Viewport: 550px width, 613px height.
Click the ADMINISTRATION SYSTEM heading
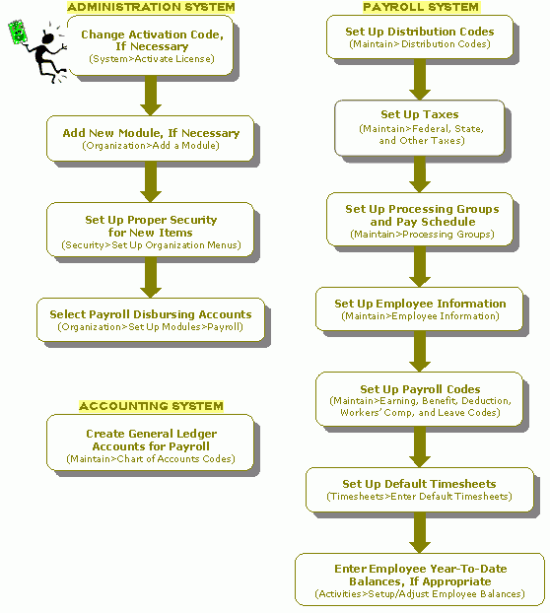[151, 7]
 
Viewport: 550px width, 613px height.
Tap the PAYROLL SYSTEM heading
[421, 7]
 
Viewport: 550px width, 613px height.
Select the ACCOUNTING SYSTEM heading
[151, 406]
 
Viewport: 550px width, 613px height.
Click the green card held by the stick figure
[17, 33]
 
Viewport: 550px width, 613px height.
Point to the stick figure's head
[48, 38]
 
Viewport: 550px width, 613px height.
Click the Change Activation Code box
[151, 45]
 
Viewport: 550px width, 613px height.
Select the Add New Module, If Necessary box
[151, 138]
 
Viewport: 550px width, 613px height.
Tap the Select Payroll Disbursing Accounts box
[151, 319]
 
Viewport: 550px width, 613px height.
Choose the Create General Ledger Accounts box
[151, 443]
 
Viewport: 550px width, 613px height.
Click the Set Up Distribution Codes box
[420, 37]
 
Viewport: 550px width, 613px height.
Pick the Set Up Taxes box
[420, 128]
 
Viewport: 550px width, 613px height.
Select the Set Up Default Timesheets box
[420, 490]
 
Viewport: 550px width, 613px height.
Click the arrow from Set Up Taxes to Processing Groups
[420, 174]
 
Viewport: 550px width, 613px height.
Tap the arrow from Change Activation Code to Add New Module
[151, 96]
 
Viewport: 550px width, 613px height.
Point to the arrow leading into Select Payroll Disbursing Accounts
[151, 278]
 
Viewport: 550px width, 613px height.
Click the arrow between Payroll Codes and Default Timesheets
[420, 446]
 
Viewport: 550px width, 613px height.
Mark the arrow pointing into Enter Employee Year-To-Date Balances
[420, 532]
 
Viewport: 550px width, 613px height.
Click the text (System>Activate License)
[152, 59]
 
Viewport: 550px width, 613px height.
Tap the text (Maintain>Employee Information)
[420, 316]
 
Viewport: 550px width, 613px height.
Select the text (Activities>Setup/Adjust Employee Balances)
[420, 594]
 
